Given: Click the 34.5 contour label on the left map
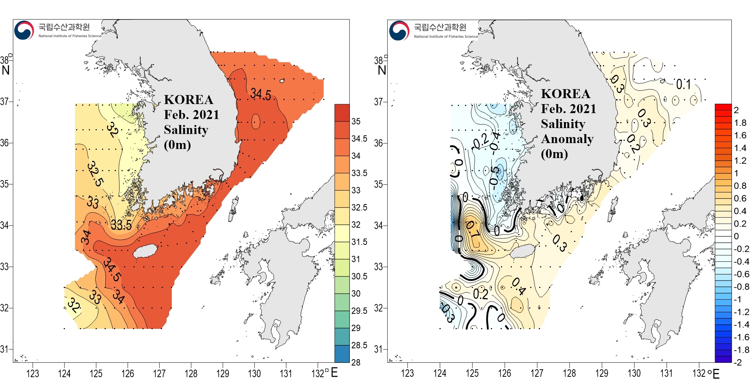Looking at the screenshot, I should click(261, 94).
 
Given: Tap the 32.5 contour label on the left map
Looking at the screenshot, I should click(95, 174).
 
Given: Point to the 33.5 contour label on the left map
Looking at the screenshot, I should click(121, 225).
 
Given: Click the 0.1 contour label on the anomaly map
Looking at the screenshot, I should click(683, 85).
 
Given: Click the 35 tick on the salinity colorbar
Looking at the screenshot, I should click(356, 121).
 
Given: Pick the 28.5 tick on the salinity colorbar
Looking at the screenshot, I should click(359, 345).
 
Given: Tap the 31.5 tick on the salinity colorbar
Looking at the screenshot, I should click(359, 242).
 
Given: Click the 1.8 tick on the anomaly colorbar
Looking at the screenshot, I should click(740, 123).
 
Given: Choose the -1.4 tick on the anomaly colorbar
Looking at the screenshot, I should click(741, 324).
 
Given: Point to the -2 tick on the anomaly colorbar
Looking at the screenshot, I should click(738, 363).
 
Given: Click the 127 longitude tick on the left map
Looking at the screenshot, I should click(159, 373).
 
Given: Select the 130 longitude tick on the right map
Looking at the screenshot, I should click(634, 373).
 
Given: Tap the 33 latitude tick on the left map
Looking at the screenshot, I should click(4, 267).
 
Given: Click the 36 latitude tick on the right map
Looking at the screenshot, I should click(378, 143).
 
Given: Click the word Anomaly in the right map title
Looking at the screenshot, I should click(567, 139).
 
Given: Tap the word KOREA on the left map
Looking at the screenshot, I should click(189, 100).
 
